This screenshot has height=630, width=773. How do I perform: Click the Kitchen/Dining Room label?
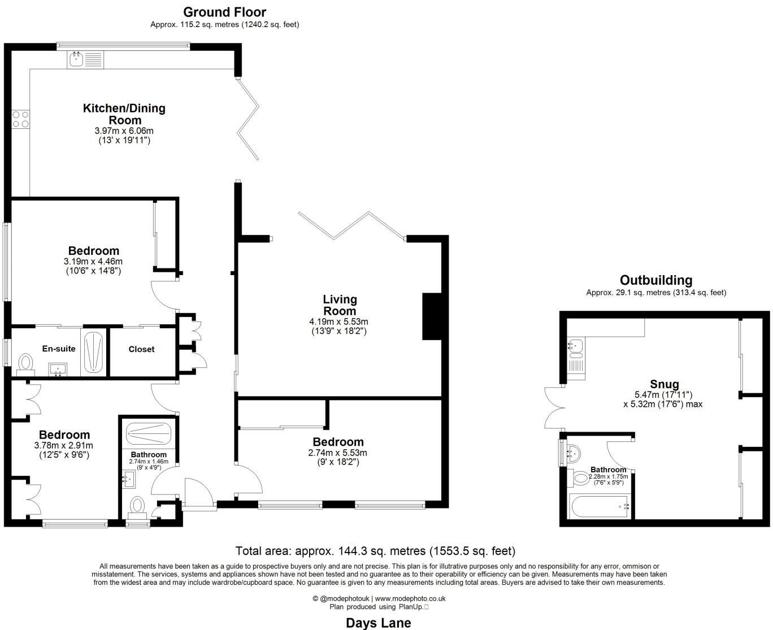pos(124,114)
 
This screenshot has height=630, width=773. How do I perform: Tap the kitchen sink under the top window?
pos(85,59)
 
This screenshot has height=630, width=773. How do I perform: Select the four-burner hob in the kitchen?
pos(20,119)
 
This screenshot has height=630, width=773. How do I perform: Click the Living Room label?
pos(340,305)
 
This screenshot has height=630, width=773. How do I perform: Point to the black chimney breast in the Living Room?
pos(432,316)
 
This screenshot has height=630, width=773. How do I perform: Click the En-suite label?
pos(59,349)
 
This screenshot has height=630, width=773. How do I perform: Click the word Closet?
pos(141,349)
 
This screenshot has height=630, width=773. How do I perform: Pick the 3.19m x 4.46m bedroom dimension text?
pos(93,261)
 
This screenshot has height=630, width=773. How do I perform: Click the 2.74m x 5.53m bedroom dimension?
pos(337,453)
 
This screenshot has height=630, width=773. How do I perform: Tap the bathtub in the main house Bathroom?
pos(149,433)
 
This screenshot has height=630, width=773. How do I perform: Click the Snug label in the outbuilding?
pos(665,384)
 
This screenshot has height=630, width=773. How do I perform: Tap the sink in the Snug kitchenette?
pos(575,346)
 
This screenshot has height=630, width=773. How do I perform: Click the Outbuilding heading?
pos(656,280)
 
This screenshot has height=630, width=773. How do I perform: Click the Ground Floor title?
pos(225,12)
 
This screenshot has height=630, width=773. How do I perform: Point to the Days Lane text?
pos(379,623)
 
